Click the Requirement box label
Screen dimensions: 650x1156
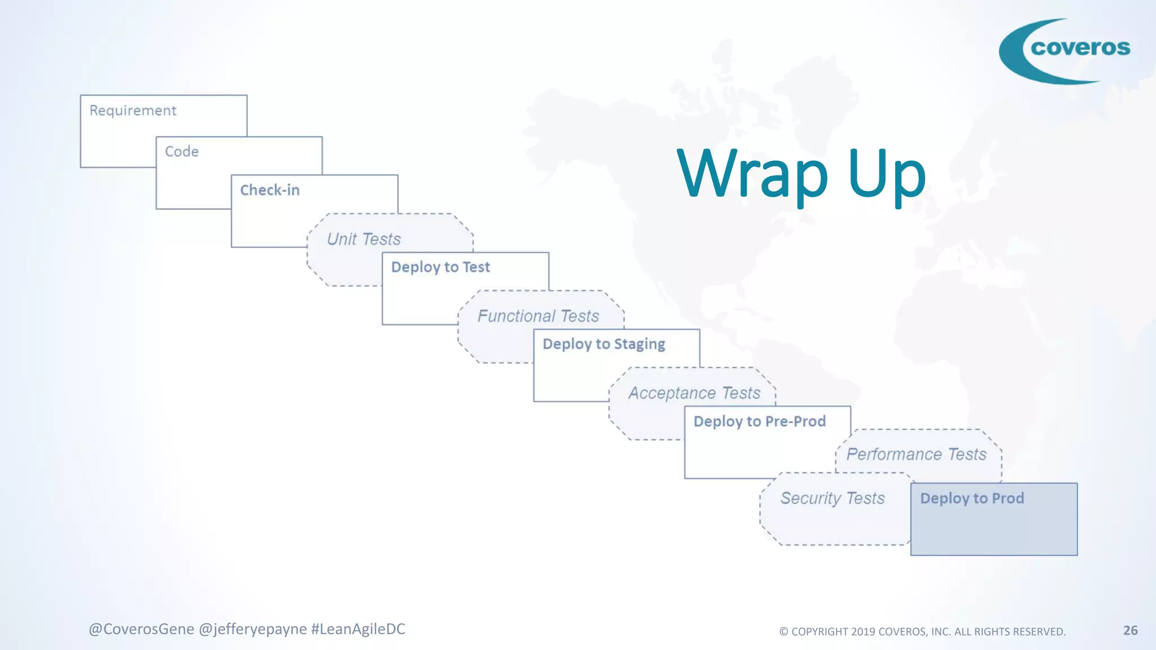click(x=133, y=111)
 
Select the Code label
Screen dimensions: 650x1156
click(x=182, y=152)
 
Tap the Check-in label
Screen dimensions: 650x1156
click(x=270, y=190)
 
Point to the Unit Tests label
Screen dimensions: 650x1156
click(x=364, y=239)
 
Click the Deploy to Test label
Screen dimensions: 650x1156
click(x=440, y=267)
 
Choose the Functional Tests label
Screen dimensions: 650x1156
click(x=538, y=316)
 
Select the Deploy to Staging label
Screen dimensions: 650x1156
click(x=604, y=344)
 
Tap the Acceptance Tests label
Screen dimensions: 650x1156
click(x=694, y=393)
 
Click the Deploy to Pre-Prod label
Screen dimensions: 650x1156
click(x=760, y=421)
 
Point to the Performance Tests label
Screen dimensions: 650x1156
click(x=916, y=454)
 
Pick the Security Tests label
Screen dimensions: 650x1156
click(x=833, y=498)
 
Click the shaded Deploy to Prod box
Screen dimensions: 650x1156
click(x=993, y=519)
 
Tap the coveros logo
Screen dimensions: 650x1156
click(x=1065, y=51)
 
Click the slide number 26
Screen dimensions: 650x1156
click(x=1130, y=630)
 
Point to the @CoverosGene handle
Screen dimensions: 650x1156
click(x=141, y=629)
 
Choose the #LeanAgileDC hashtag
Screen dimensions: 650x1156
click(x=358, y=629)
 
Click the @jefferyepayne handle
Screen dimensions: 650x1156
click(x=253, y=629)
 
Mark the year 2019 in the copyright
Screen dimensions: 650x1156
click(x=863, y=632)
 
